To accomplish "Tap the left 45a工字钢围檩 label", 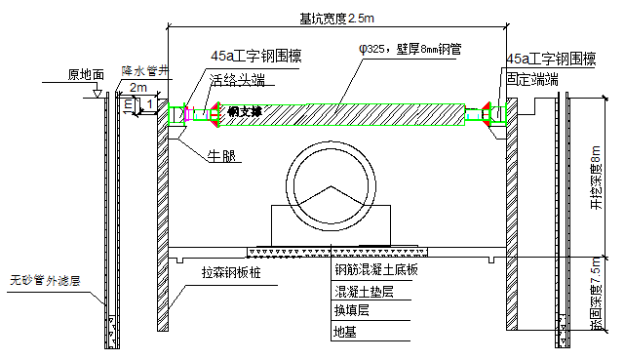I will click(x=255, y=58).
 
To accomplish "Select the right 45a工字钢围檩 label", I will click(x=552, y=60).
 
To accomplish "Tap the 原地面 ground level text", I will click(x=87, y=73).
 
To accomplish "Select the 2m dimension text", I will click(x=138, y=87).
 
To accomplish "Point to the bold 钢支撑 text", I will click(x=244, y=112).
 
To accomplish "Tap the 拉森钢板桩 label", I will click(x=233, y=274).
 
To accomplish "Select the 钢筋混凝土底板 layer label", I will click(x=375, y=270).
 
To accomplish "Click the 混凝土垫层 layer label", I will click(x=364, y=292).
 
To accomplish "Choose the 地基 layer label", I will click(x=345, y=332).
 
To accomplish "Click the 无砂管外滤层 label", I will click(x=44, y=279).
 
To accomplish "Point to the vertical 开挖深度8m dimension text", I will click(x=596, y=180).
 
